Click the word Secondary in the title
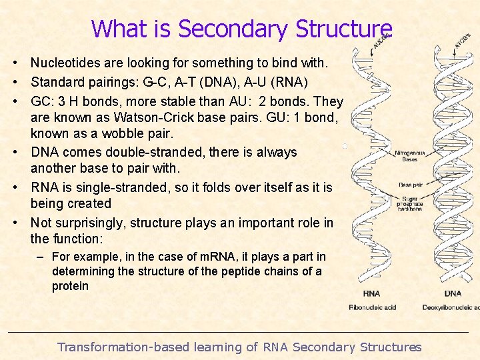233,29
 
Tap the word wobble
125,134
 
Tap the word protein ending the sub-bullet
70,286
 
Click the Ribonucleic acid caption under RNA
373,307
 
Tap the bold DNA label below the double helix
453,293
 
